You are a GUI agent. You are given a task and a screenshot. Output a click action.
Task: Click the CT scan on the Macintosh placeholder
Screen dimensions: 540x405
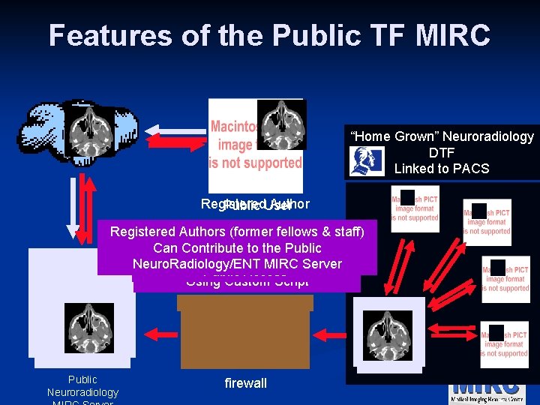click(283, 124)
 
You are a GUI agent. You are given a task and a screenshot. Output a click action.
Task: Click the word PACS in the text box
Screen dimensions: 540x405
click(470, 169)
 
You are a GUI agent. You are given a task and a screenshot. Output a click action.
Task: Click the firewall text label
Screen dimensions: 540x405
click(245, 383)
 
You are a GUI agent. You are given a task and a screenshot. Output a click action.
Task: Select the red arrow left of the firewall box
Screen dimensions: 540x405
click(161, 330)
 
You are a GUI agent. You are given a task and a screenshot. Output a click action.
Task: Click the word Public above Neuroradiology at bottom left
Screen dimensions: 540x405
click(82, 379)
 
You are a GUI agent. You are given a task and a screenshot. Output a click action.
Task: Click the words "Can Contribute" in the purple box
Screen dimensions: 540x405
click(199, 247)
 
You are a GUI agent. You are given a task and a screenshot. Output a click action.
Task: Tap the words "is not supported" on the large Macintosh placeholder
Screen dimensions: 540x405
click(256, 162)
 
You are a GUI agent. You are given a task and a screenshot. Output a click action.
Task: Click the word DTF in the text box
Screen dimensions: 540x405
click(442, 152)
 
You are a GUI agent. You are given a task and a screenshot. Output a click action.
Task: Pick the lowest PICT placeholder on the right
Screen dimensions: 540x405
click(504, 343)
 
